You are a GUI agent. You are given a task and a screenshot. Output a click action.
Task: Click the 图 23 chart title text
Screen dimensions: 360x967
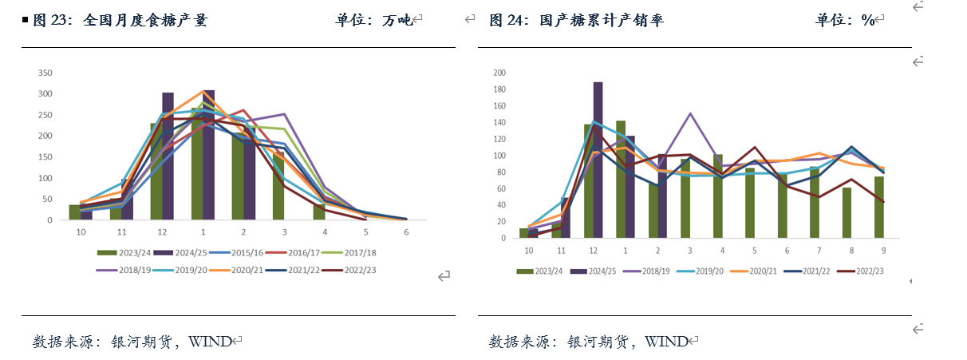[x=120, y=21]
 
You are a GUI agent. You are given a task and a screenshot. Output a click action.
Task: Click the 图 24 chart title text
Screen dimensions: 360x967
[x=576, y=21]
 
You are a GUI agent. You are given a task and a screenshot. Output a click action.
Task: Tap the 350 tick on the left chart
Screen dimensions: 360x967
[x=45, y=73]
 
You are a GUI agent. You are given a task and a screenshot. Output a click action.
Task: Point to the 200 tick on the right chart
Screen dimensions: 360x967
[x=500, y=73]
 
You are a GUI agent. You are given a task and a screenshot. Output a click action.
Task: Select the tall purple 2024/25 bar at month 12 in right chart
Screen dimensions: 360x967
[x=598, y=160]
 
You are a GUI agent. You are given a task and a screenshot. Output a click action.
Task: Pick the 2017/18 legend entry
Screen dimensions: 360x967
[x=361, y=252]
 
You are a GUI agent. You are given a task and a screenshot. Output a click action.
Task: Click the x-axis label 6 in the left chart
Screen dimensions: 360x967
[x=407, y=231]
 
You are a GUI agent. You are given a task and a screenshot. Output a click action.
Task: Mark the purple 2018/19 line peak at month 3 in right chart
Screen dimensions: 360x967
[x=690, y=113]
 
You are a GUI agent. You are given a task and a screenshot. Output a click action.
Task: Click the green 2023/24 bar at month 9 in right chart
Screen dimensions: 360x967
[x=879, y=207]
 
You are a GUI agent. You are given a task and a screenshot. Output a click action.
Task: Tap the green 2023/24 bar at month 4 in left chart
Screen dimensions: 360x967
[x=320, y=212]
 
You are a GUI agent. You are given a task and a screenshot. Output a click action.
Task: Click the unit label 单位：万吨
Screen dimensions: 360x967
[x=374, y=21]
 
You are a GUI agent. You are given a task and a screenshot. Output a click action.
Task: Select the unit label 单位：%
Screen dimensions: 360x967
[x=845, y=21]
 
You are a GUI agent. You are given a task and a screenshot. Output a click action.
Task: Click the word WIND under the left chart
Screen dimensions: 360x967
[x=209, y=342]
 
